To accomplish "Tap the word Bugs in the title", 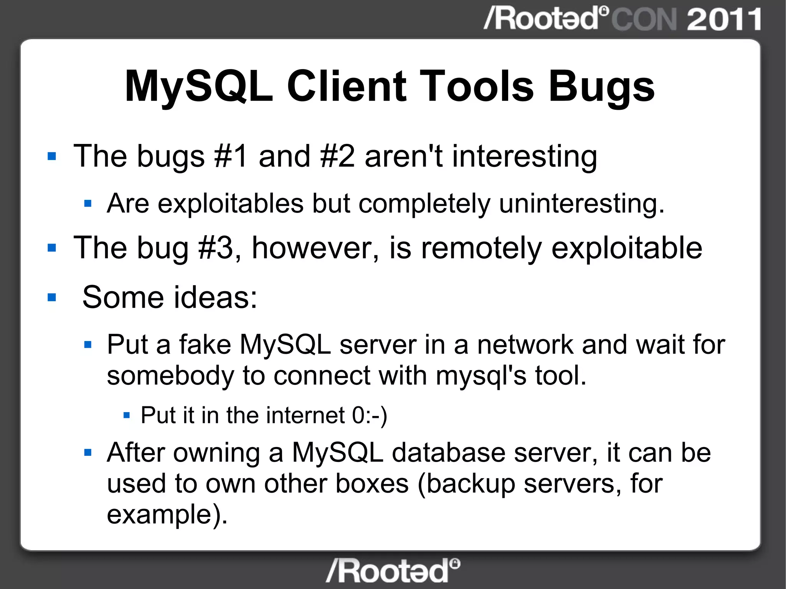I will pos(601,87).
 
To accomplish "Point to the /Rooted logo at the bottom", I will pos(393,571).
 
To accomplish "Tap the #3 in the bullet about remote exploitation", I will pos(216,248).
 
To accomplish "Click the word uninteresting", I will pos(581,203).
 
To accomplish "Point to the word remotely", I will pos(481,249).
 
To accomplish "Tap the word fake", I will pos(205,344).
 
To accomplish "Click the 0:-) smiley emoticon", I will pos(370,415).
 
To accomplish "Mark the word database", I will pos(449,453).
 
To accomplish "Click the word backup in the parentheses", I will pos(471,484).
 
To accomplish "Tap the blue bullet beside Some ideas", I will pos(52,297).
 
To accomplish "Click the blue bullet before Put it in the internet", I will pos(127,415).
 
